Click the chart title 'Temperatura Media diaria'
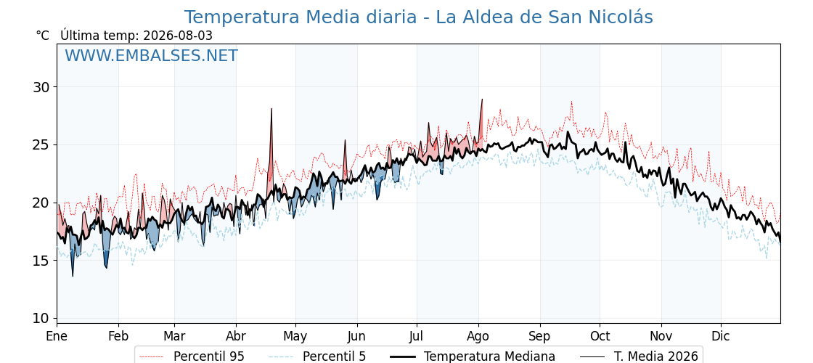tap(301, 17)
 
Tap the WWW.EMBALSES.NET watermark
tap(152, 55)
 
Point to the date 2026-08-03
tap(178, 36)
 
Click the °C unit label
tap(43, 36)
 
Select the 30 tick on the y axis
tap(41, 86)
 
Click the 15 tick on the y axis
tap(41, 261)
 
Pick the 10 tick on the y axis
tap(41, 318)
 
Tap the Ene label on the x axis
tap(57, 336)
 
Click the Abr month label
tap(236, 336)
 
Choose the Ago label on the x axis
tap(478, 336)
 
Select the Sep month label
tap(540, 336)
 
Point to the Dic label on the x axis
tap(721, 336)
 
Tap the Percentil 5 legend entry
tap(317, 356)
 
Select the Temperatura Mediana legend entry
tap(471, 356)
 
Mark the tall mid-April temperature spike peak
tap(271, 109)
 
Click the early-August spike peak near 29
tap(482, 99)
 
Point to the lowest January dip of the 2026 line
tap(73, 276)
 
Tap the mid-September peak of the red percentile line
tap(571, 102)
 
